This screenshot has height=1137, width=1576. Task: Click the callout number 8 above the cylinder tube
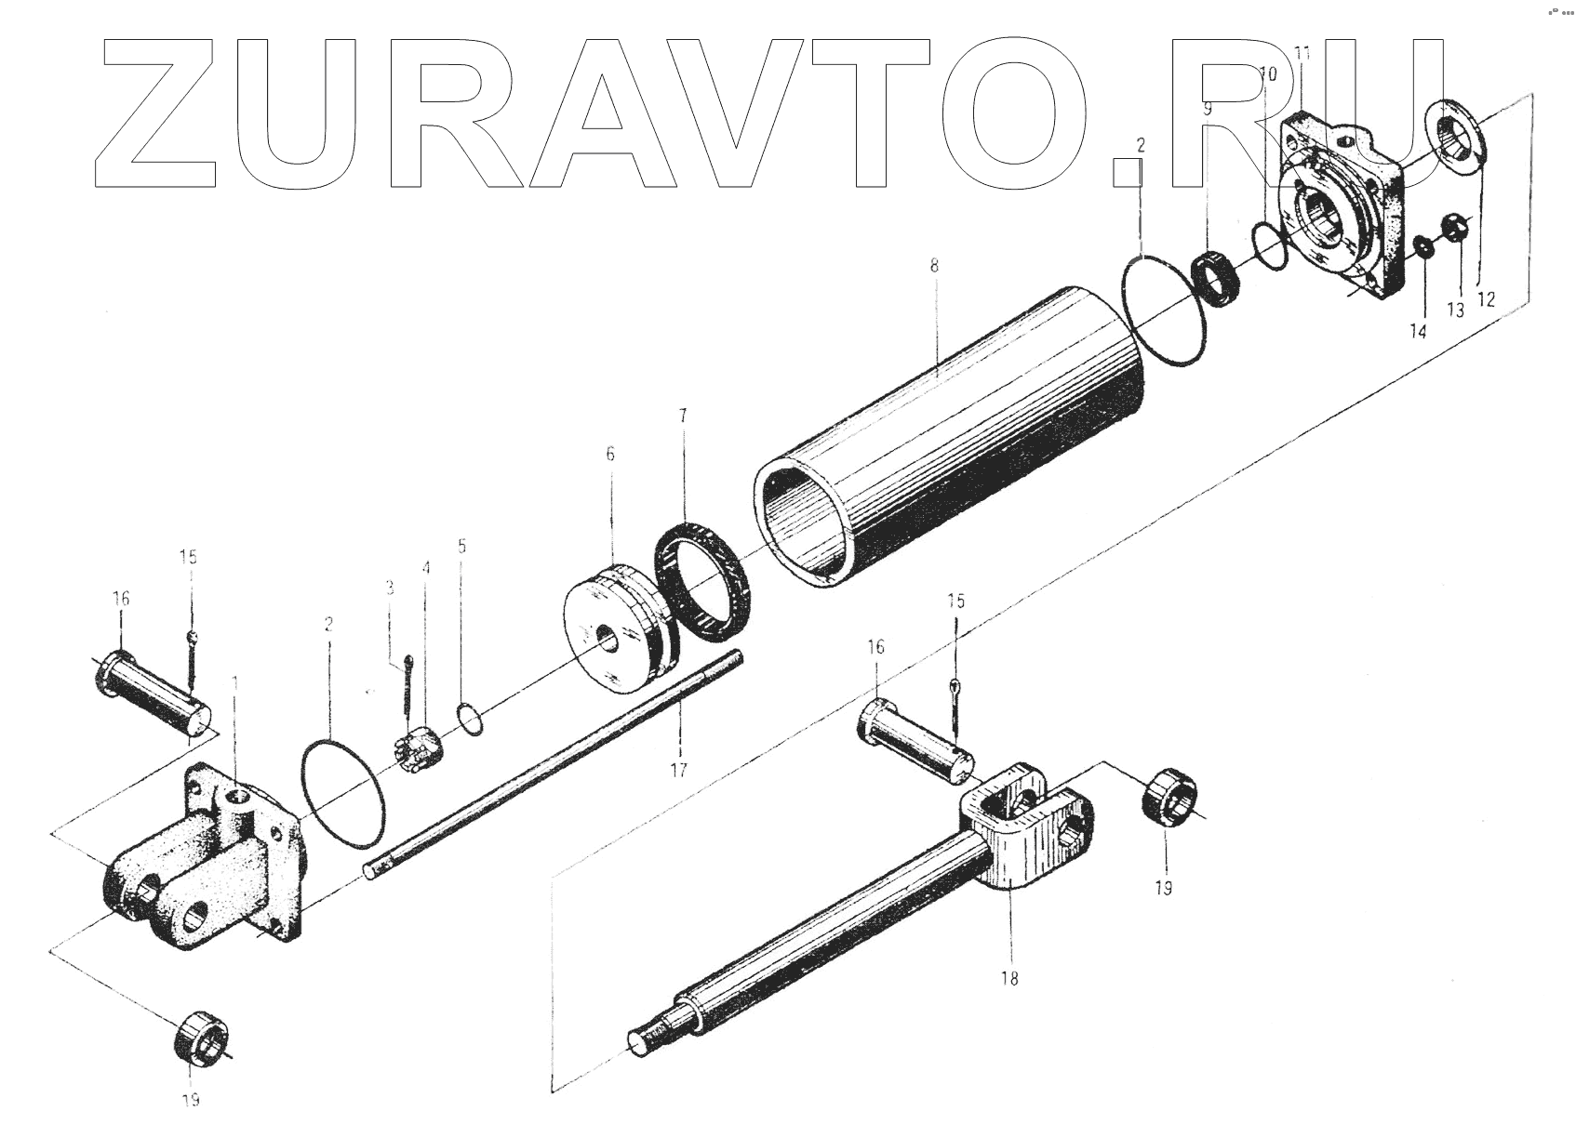933,266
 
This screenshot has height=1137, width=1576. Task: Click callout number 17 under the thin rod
679,770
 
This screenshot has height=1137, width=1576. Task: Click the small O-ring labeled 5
472,720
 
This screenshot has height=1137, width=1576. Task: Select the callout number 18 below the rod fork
1010,977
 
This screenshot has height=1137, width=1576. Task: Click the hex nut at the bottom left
202,1037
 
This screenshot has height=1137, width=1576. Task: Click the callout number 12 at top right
1485,298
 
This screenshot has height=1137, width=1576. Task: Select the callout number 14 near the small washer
1417,332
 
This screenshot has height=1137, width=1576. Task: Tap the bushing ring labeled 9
1216,276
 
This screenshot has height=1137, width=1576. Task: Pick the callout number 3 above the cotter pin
390,588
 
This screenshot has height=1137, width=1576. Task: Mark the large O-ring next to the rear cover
342,792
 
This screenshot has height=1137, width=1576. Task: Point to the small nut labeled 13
1456,226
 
